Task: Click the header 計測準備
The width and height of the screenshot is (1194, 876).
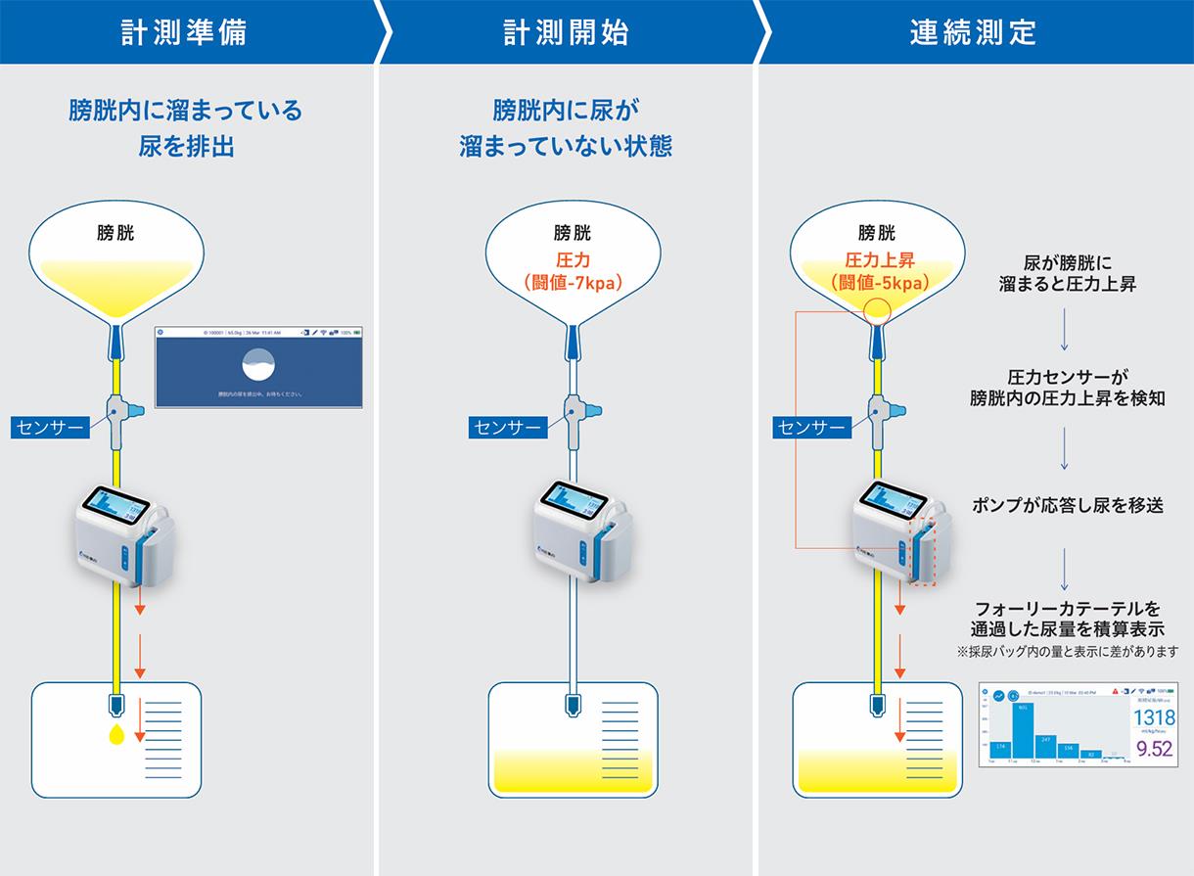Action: [184, 32]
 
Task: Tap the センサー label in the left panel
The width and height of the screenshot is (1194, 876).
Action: [49, 426]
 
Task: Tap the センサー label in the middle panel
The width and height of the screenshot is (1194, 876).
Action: [505, 427]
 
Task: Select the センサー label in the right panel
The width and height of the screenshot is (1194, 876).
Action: [809, 427]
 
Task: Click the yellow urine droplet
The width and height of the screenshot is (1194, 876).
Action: [116, 733]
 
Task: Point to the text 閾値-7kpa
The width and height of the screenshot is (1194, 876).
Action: [574, 283]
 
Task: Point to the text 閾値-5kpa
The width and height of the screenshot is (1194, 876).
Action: [877, 283]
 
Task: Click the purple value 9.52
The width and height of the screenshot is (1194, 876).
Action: [1152, 749]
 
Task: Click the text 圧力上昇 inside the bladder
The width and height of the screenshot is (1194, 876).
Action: [877, 261]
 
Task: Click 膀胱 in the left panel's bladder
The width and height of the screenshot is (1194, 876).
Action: [116, 233]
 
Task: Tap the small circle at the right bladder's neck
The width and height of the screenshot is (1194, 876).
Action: [877, 311]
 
